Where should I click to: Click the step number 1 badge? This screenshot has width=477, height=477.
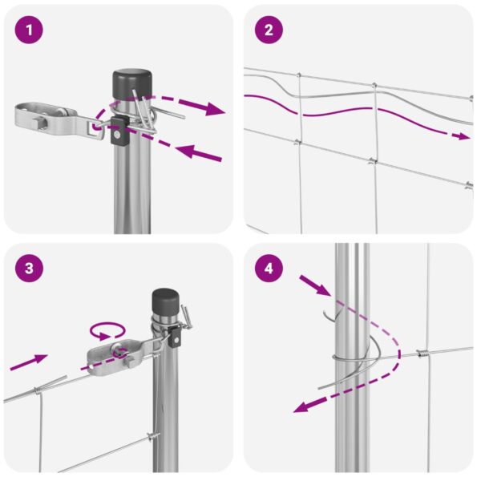(30, 31)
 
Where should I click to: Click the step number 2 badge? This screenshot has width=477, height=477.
(269, 31)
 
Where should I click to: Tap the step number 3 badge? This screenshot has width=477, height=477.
(30, 268)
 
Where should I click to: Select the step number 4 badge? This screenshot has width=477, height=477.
(269, 268)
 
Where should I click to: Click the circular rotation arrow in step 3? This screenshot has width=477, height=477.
(107, 329)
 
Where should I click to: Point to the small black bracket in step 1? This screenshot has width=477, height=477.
(120, 131)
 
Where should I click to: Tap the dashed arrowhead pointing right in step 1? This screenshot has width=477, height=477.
(215, 108)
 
